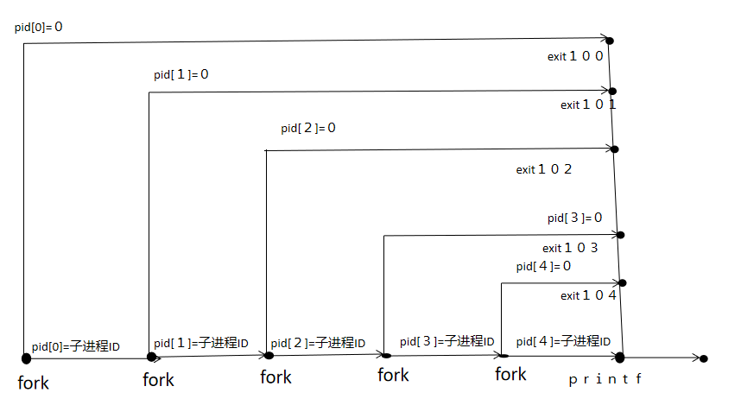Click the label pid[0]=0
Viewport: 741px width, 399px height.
(x=39, y=27)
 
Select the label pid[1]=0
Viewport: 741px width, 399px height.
(x=181, y=74)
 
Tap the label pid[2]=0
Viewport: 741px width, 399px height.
(x=307, y=128)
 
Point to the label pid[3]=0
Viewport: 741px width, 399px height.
(x=573, y=218)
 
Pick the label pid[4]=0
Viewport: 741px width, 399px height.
(x=543, y=266)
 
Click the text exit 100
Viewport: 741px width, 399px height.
(x=575, y=56)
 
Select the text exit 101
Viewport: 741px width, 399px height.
(x=588, y=104)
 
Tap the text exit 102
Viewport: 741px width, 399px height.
(x=544, y=169)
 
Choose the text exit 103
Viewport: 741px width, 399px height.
(x=570, y=248)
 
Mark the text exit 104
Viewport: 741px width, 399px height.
(x=588, y=295)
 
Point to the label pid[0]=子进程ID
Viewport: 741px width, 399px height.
(x=76, y=346)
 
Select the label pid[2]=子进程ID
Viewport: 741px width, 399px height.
(x=318, y=343)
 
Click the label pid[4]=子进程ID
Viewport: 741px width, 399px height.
(x=563, y=341)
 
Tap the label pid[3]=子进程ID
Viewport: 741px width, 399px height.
(x=446, y=341)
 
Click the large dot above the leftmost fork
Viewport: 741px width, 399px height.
(x=26, y=357)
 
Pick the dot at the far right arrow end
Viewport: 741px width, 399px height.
(x=704, y=358)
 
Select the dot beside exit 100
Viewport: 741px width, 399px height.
(x=610, y=41)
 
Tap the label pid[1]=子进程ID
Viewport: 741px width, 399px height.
(x=201, y=343)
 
